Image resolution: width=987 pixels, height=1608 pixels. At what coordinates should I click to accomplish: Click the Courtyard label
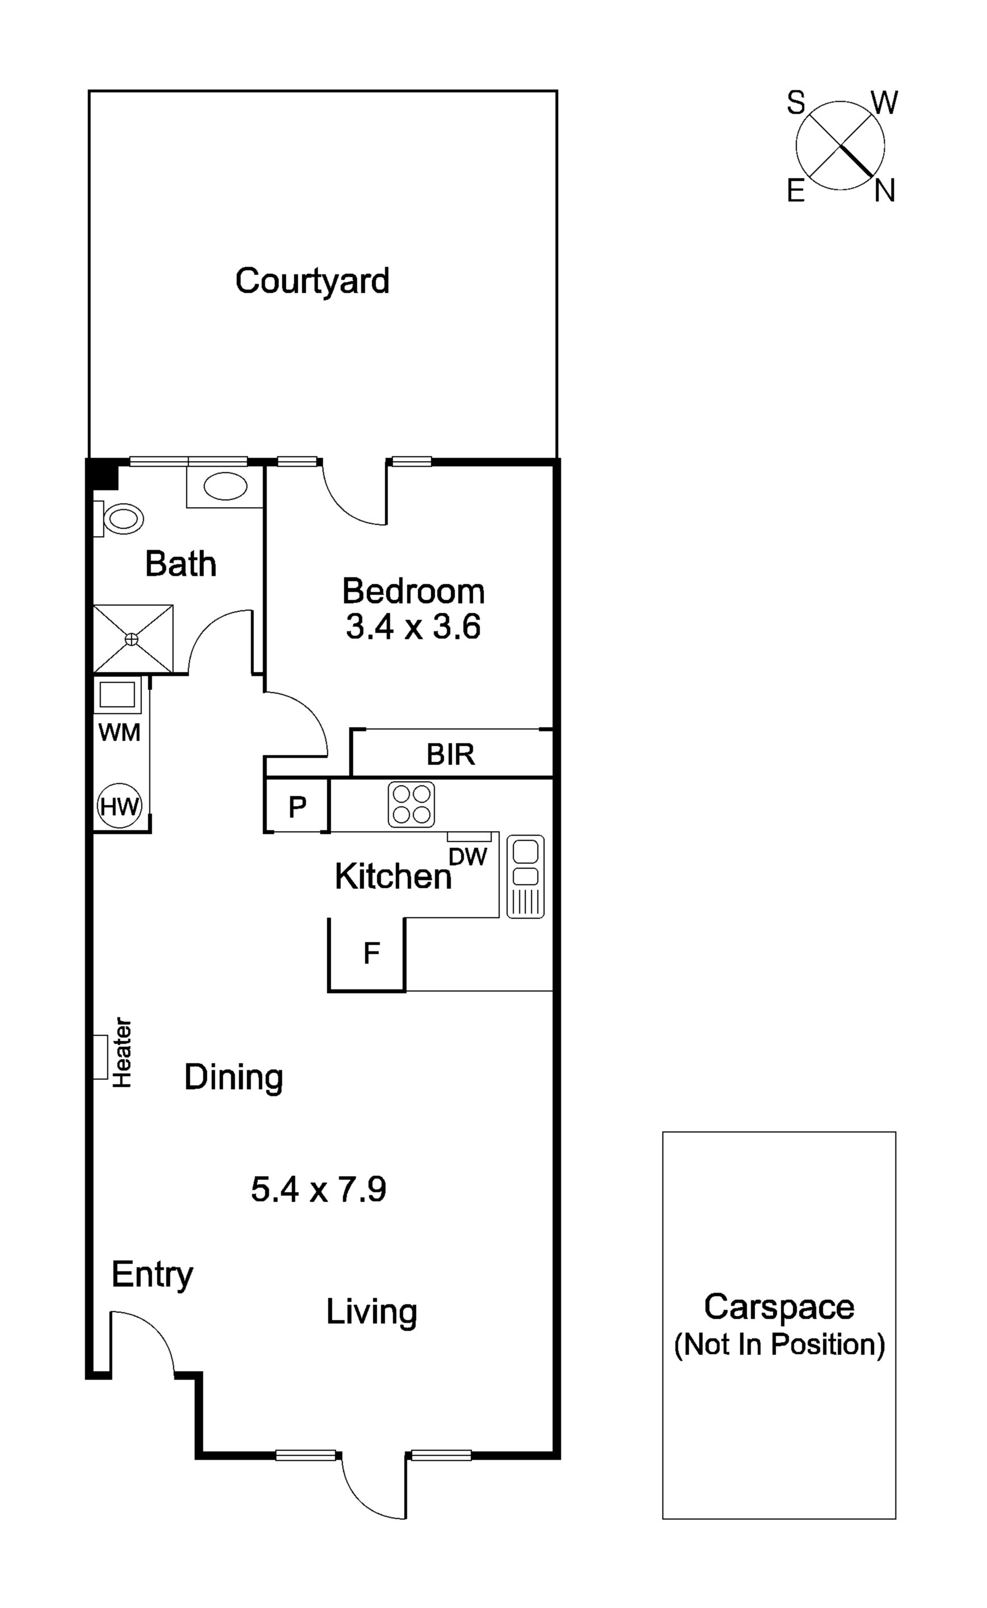[312, 281]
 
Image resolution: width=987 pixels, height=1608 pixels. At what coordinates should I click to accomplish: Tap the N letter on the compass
[885, 192]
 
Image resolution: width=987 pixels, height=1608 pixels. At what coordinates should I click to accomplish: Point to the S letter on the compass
[796, 103]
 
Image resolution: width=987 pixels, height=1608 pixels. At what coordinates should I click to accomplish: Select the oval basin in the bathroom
[225, 487]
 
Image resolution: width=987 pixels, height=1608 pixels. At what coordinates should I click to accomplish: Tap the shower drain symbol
[132, 638]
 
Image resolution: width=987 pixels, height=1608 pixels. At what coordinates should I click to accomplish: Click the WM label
[119, 733]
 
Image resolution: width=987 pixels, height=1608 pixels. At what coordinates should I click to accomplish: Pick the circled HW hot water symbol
[119, 807]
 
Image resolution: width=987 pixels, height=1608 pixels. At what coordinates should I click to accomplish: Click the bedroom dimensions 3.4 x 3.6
[413, 627]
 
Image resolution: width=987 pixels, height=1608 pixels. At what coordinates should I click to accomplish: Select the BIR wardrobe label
[451, 755]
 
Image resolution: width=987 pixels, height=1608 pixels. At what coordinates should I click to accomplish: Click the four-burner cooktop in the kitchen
[411, 804]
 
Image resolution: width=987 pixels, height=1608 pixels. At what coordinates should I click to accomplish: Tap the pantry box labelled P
[297, 808]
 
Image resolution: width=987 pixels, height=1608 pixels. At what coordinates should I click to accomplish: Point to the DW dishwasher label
[468, 857]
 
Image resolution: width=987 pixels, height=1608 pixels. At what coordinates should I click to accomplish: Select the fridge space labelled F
[372, 954]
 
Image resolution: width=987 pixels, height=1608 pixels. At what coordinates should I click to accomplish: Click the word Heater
[122, 1053]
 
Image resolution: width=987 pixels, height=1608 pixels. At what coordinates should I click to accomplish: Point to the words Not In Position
[779, 1344]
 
